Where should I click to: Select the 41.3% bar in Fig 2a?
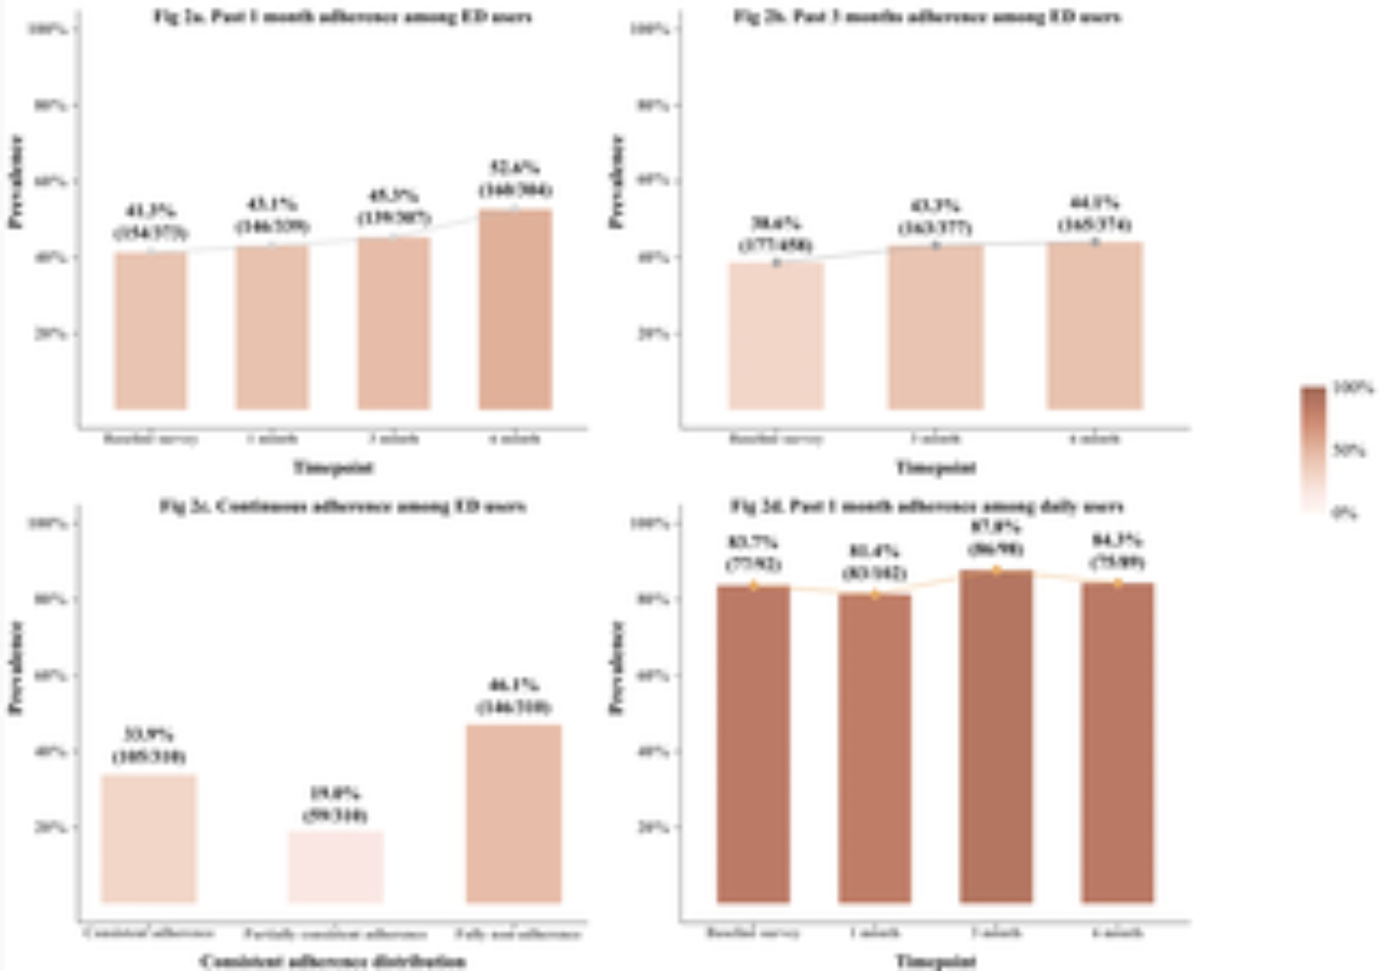point(151,331)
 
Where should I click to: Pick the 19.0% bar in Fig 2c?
point(335,867)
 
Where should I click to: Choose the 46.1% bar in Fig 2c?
point(514,814)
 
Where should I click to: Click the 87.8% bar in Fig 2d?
point(996,736)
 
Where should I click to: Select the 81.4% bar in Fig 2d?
point(875,749)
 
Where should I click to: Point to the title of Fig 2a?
point(343,17)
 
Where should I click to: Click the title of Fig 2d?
point(927,506)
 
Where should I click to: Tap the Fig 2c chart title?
point(343,506)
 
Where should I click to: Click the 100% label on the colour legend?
point(1353,388)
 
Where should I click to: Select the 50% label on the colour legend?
point(1349,451)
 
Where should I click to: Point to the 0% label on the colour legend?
point(1345,513)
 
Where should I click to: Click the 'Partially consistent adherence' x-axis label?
point(335,934)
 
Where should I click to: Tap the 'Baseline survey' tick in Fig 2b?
point(777,439)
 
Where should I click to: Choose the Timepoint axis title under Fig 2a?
point(334,468)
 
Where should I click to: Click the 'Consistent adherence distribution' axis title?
point(333,961)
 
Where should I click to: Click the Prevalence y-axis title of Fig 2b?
point(616,182)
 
